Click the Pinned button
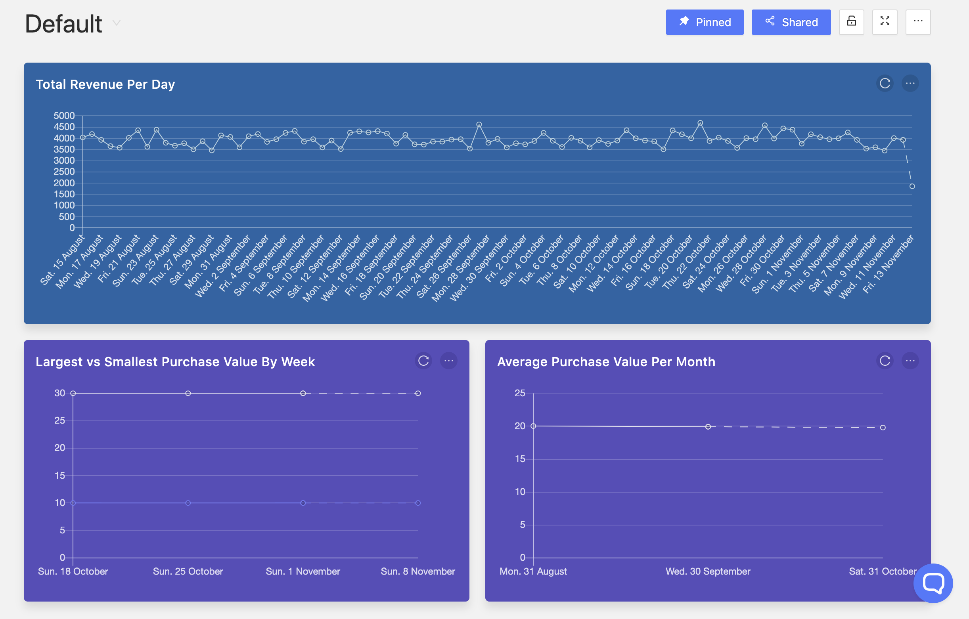coord(704,22)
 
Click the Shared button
coord(791,22)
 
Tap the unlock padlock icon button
coord(851,22)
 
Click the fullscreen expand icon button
coord(885,22)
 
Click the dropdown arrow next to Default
coord(116,23)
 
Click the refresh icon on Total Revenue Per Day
coord(885,84)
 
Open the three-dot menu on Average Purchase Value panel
coord(910,361)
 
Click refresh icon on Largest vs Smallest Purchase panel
coord(423,361)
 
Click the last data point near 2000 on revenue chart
coord(912,186)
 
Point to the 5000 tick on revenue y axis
coord(64,116)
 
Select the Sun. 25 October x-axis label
coord(188,571)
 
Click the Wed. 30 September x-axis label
coord(707,571)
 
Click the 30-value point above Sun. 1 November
coord(303,393)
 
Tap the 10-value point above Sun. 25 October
coord(188,503)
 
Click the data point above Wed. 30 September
coord(708,426)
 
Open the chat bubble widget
coord(933,583)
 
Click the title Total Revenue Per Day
coord(105,84)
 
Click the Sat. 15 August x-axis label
coord(63,261)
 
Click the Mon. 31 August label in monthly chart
coord(533,571)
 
